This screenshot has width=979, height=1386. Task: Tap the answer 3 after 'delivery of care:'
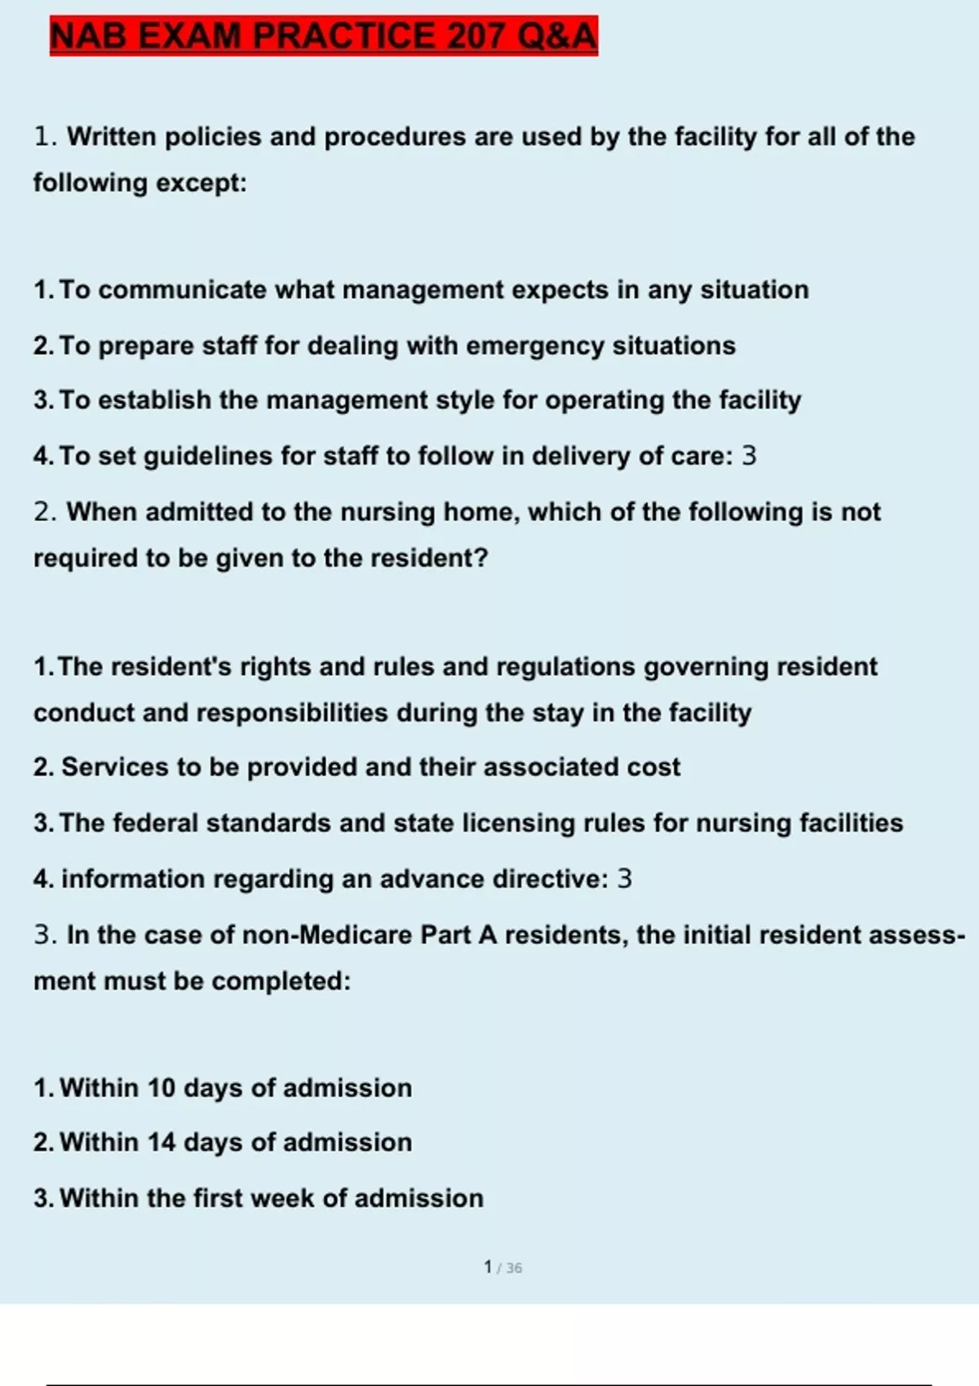[x=749, y=455]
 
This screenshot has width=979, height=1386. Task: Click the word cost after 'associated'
[x=653, y=767]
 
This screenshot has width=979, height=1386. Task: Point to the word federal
[x=155, y=823]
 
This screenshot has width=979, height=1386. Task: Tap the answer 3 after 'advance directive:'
[x=624, y=878]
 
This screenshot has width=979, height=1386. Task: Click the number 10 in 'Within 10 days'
[x=162, y=1088]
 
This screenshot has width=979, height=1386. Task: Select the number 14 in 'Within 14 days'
[x=162, y=1142]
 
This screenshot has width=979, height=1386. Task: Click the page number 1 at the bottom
[x=488, y=1267]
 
